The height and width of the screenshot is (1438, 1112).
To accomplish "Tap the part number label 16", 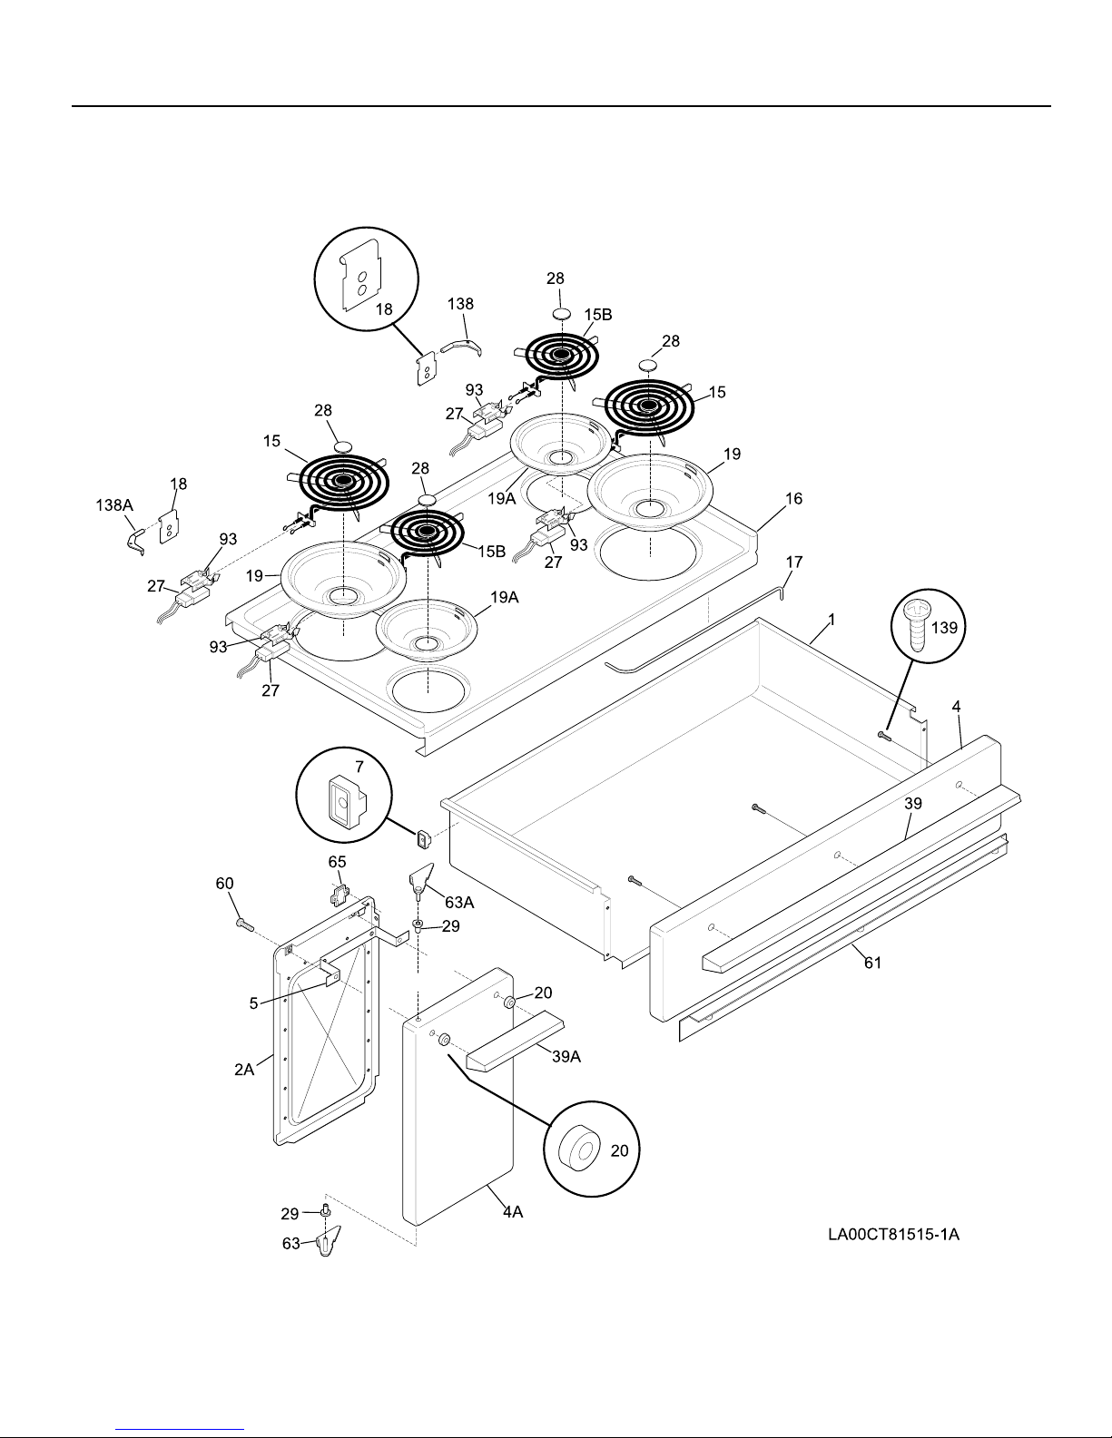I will click(793, 499).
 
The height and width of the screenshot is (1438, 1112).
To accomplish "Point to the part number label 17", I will click(793, 562).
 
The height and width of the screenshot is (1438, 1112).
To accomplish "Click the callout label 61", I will click(871, 963).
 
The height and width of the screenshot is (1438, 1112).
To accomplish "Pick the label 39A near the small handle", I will click(566, 1056).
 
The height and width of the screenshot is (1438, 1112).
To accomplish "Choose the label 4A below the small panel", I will click(512, 1210).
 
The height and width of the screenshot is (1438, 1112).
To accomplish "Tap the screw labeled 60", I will click(242, 924).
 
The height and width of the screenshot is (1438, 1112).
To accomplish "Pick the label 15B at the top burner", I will click(597, 314).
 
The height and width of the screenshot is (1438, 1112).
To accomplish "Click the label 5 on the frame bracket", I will click(254, 1003).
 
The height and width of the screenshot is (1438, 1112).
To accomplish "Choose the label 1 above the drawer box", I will click(831, 620).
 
